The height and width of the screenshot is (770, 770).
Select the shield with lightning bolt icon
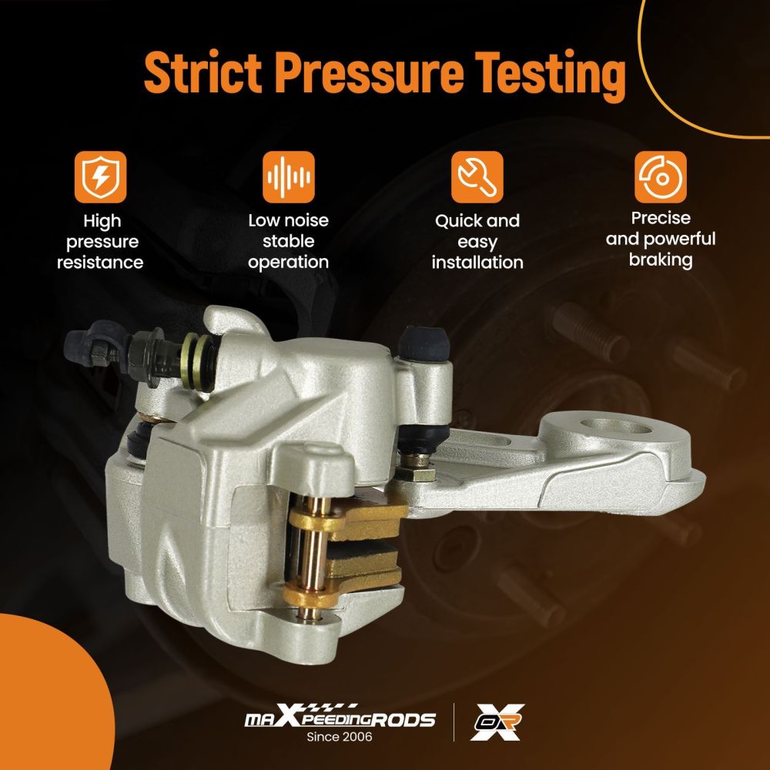point(100,177)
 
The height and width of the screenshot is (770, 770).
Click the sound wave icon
point(289,177)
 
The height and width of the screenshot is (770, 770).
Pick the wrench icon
point(477,177)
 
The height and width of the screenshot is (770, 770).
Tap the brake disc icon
point(660,177)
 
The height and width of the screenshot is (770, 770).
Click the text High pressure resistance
point(100,242)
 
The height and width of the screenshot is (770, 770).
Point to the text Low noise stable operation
point(289,241)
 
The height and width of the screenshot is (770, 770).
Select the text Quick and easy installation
point(477,241)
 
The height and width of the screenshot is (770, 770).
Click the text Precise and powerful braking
point(660,239)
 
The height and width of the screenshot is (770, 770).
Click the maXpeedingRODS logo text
point(340,719)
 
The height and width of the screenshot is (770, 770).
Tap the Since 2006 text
point(340,737)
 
